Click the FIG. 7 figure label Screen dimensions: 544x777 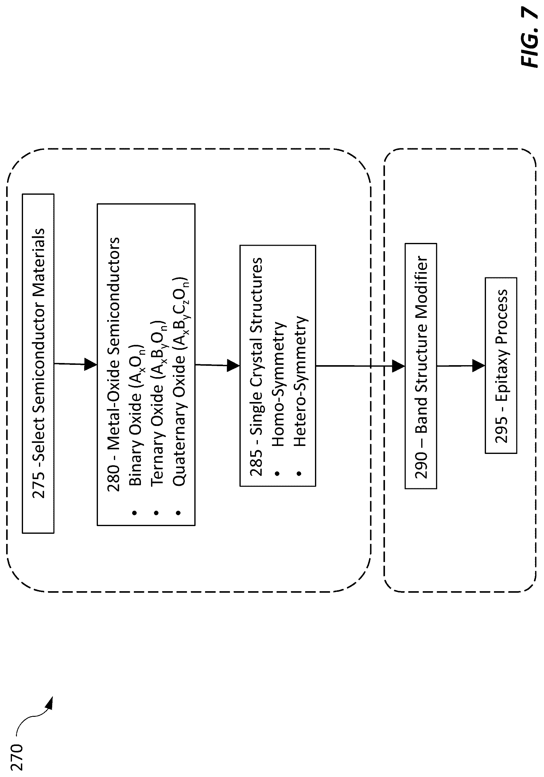click(x=529, y=37)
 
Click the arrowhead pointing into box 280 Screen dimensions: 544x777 click(x=91, y=365)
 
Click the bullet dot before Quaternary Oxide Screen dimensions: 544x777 click(x=178, y=513)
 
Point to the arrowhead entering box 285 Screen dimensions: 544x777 click(x=233, y=365)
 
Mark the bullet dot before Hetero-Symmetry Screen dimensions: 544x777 click(x=299, y=474)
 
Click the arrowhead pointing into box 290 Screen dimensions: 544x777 click(x=398, y=366)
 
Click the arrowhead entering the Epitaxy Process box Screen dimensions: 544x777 click(x=479, y=366)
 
